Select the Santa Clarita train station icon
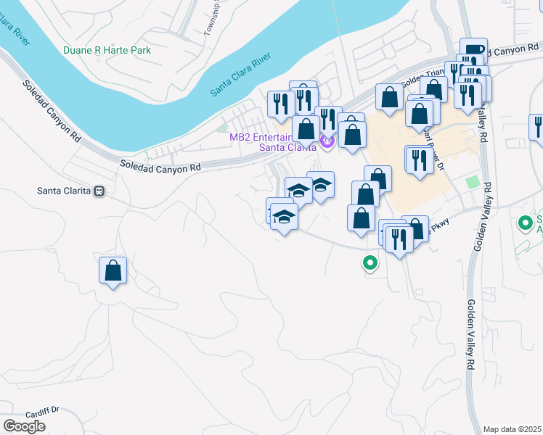[99, 191]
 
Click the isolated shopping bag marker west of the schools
[113, 271]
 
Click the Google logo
[24, 426]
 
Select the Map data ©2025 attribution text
[513, 429]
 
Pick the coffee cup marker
[473, 49]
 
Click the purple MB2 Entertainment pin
[327, 142]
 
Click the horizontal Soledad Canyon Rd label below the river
[160, 167]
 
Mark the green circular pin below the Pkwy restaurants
[370, 263]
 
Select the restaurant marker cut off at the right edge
[538, 126]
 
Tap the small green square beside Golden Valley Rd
[473, 182]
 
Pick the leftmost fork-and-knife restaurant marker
[280, 103]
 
